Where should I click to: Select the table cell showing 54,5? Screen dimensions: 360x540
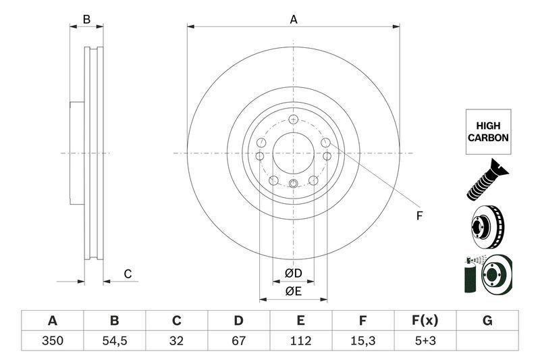tap(114, 341)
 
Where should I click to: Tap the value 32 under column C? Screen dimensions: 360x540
tap(176, 341)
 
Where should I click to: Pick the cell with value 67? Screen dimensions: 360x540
tap(238, 341)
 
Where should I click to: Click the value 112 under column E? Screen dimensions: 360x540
tap(300, 341)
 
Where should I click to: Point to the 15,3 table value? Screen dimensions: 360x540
tap(362, 341)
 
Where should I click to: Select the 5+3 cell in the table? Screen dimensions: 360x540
tap(425, 341)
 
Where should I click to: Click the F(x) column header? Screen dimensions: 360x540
tap(425, 320)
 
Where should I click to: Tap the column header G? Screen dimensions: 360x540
tap(487, 320)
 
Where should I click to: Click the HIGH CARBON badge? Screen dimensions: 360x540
tap(487, 131)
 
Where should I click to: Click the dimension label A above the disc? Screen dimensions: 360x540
tap(294, 20)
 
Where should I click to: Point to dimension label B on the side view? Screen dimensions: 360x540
tap(86, 20)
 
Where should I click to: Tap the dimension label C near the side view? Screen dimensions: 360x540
tap(126, 274)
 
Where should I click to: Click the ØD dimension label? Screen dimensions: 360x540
tap(292, 273)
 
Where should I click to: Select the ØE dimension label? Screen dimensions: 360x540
tap(292, 291)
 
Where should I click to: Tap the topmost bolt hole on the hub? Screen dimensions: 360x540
tap(293, 120)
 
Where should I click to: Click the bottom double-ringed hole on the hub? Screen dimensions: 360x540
tap(293, 184)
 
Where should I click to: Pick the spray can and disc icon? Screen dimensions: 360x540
tap(487, 274)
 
